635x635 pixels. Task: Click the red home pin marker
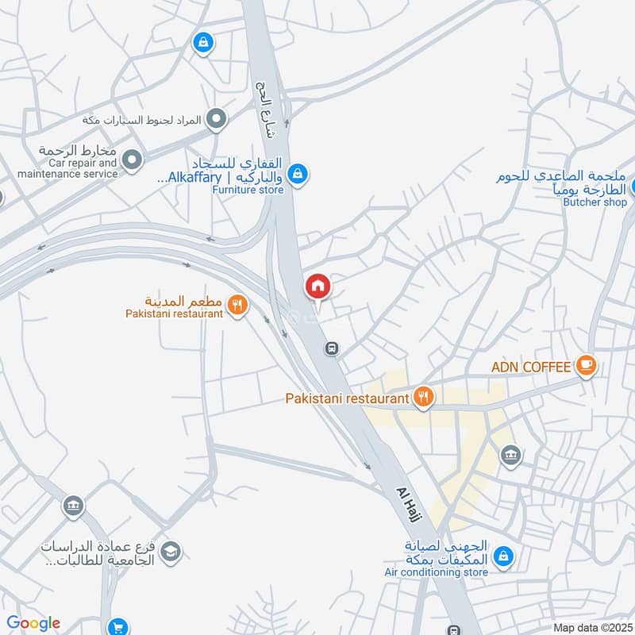pos(317,286)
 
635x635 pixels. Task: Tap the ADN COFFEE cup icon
pos(586,366)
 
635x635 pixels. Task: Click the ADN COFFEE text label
pos(531,367)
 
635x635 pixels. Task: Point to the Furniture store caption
pos(248,190)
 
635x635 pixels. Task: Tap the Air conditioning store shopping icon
pos(502,558)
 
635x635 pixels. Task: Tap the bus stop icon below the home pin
pos(332,348)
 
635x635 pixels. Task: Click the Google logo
pos(33,623)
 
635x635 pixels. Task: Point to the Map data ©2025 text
pos(591,628)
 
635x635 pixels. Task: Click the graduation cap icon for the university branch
pos(171,551)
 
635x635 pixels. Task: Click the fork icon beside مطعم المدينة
pos(236,303)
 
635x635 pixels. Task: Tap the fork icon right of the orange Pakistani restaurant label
pos(423,397)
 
